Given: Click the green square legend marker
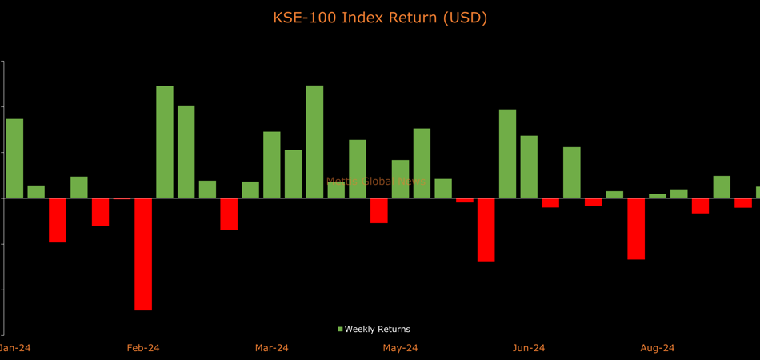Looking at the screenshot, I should [340, 329].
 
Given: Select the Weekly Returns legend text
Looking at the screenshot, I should [378, 329].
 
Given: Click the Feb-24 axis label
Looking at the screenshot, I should [143, 348].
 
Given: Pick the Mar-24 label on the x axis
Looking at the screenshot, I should [272, 348].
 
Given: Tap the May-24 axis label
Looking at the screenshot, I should [400, 348].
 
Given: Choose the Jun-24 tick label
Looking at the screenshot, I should [529, 348].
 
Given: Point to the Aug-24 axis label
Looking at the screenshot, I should [658, 348].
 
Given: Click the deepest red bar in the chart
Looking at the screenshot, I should [143, 254].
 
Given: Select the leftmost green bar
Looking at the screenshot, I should [14, 158].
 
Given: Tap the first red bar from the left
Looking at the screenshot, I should [58, 220].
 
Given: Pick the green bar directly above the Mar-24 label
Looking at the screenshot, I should [272, 165].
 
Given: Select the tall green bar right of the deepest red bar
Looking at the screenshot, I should [165, 142].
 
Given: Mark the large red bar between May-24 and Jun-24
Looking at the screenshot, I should [486, 230].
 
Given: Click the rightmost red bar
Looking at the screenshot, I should [743, 202].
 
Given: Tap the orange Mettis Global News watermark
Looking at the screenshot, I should [376, 182].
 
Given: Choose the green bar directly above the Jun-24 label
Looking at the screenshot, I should [529, 166].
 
